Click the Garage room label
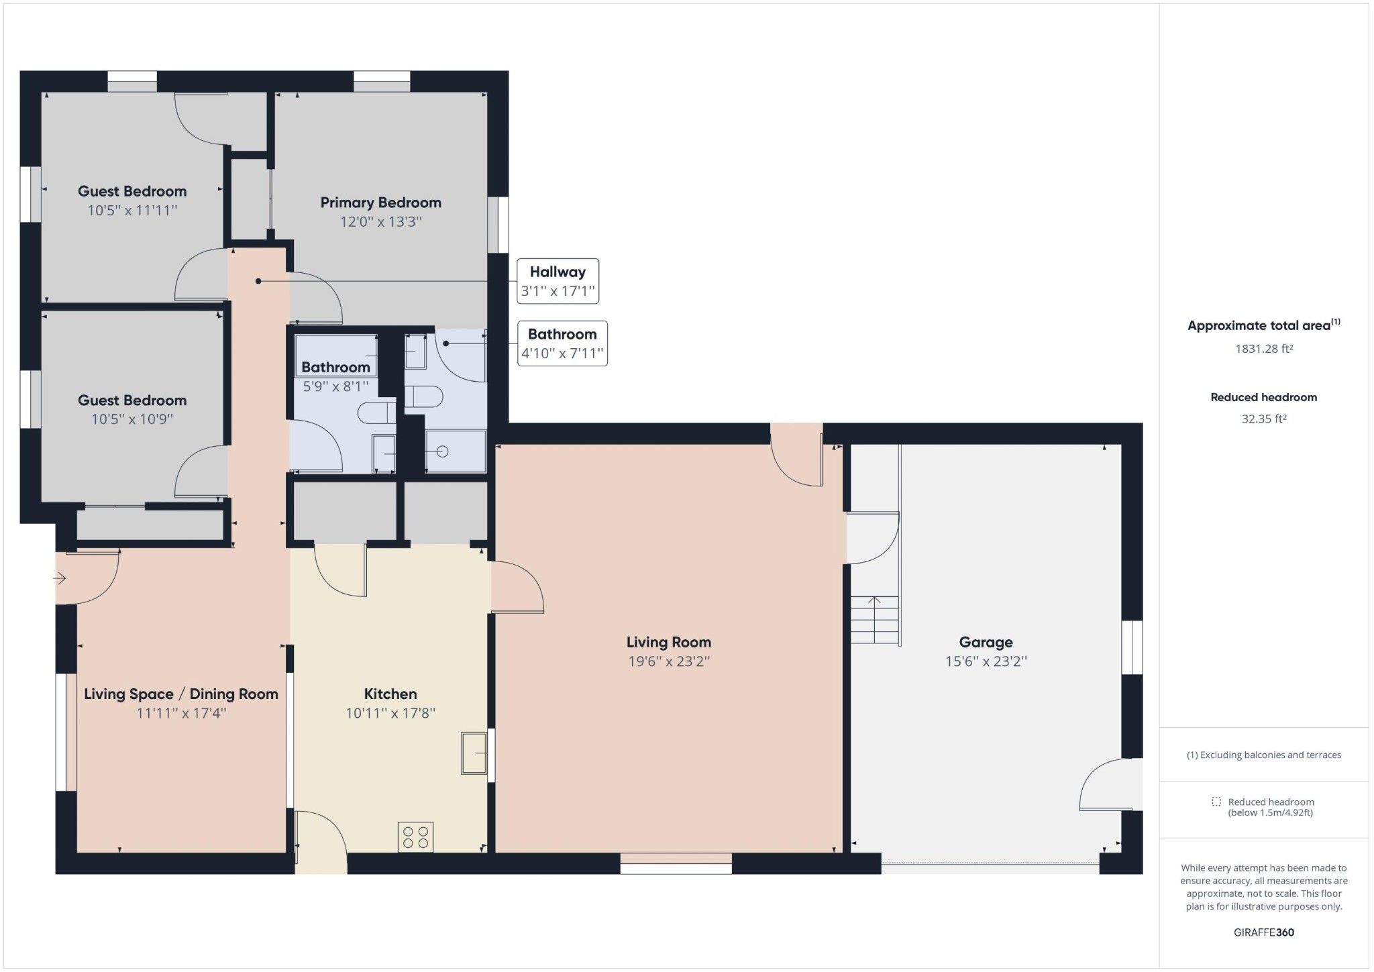tap(986, 642)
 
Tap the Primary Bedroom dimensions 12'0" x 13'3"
tap(380, 221)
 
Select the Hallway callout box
tap(558, 281)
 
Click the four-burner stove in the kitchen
tap(415, 837)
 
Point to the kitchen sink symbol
tap(474, 754)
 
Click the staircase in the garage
tap(875, 620)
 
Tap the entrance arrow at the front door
tap(60, 578)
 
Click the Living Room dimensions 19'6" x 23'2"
tap(669, 661)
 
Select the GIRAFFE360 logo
tap(1264, 932)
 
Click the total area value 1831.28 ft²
tap(1264, 349)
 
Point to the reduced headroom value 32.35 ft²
tap(1264, 419)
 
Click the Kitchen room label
tap(390, 694)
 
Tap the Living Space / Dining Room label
tap(181, 694)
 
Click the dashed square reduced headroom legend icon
tap(1216, 802)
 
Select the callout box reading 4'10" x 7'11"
tap(562, 343)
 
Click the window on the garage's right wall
tap(1132, 647)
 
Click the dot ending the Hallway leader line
tap(258, 281)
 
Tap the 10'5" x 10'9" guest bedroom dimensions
tap(132, 419)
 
